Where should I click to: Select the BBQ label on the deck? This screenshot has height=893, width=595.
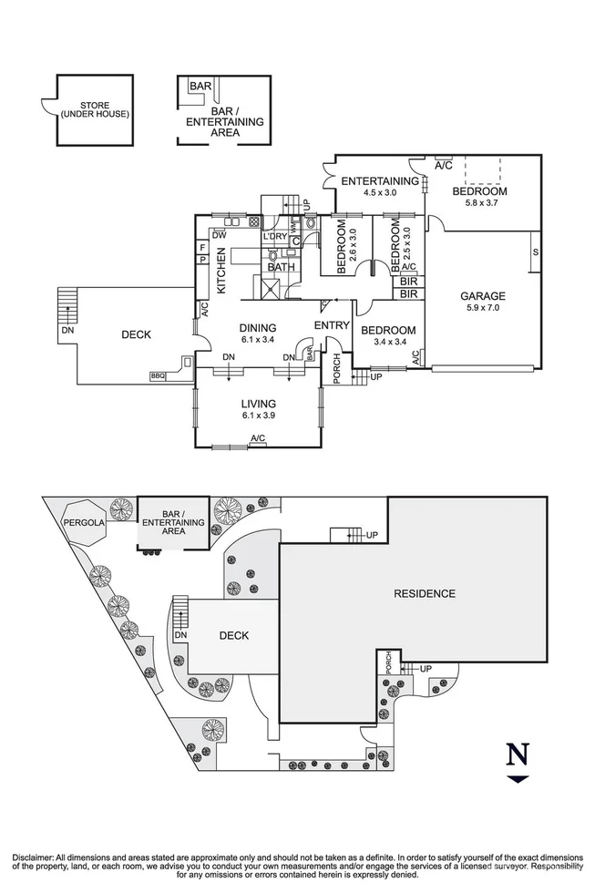pyautogui.click(x=159, y=375)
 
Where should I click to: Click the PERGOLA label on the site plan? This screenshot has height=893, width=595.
pyautogui.click(x=83, y=523)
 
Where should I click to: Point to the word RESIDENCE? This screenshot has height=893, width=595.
pyautogui.click(x=424, y=594)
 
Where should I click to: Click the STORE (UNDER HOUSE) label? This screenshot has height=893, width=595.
pyautogui.click(x=94, y=109)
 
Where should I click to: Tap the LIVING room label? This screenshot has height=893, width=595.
pyautogui.click(x=258, y=404)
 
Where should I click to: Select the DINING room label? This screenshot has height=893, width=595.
pyautogui.click(x=258, y=328)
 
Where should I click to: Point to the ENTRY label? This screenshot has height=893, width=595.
pyautogui.click(x=331, y=325)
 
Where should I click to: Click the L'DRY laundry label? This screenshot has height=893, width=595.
pyautogui.click(x=274, y=238)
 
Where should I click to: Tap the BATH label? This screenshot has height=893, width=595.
pyautogui.click(x=281, y=267)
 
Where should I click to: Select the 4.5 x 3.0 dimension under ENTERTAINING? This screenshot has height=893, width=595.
pyautogui.click(x=379, y=193)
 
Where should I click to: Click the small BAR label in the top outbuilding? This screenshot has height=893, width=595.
pyautogui.click(x=200, y=87)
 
